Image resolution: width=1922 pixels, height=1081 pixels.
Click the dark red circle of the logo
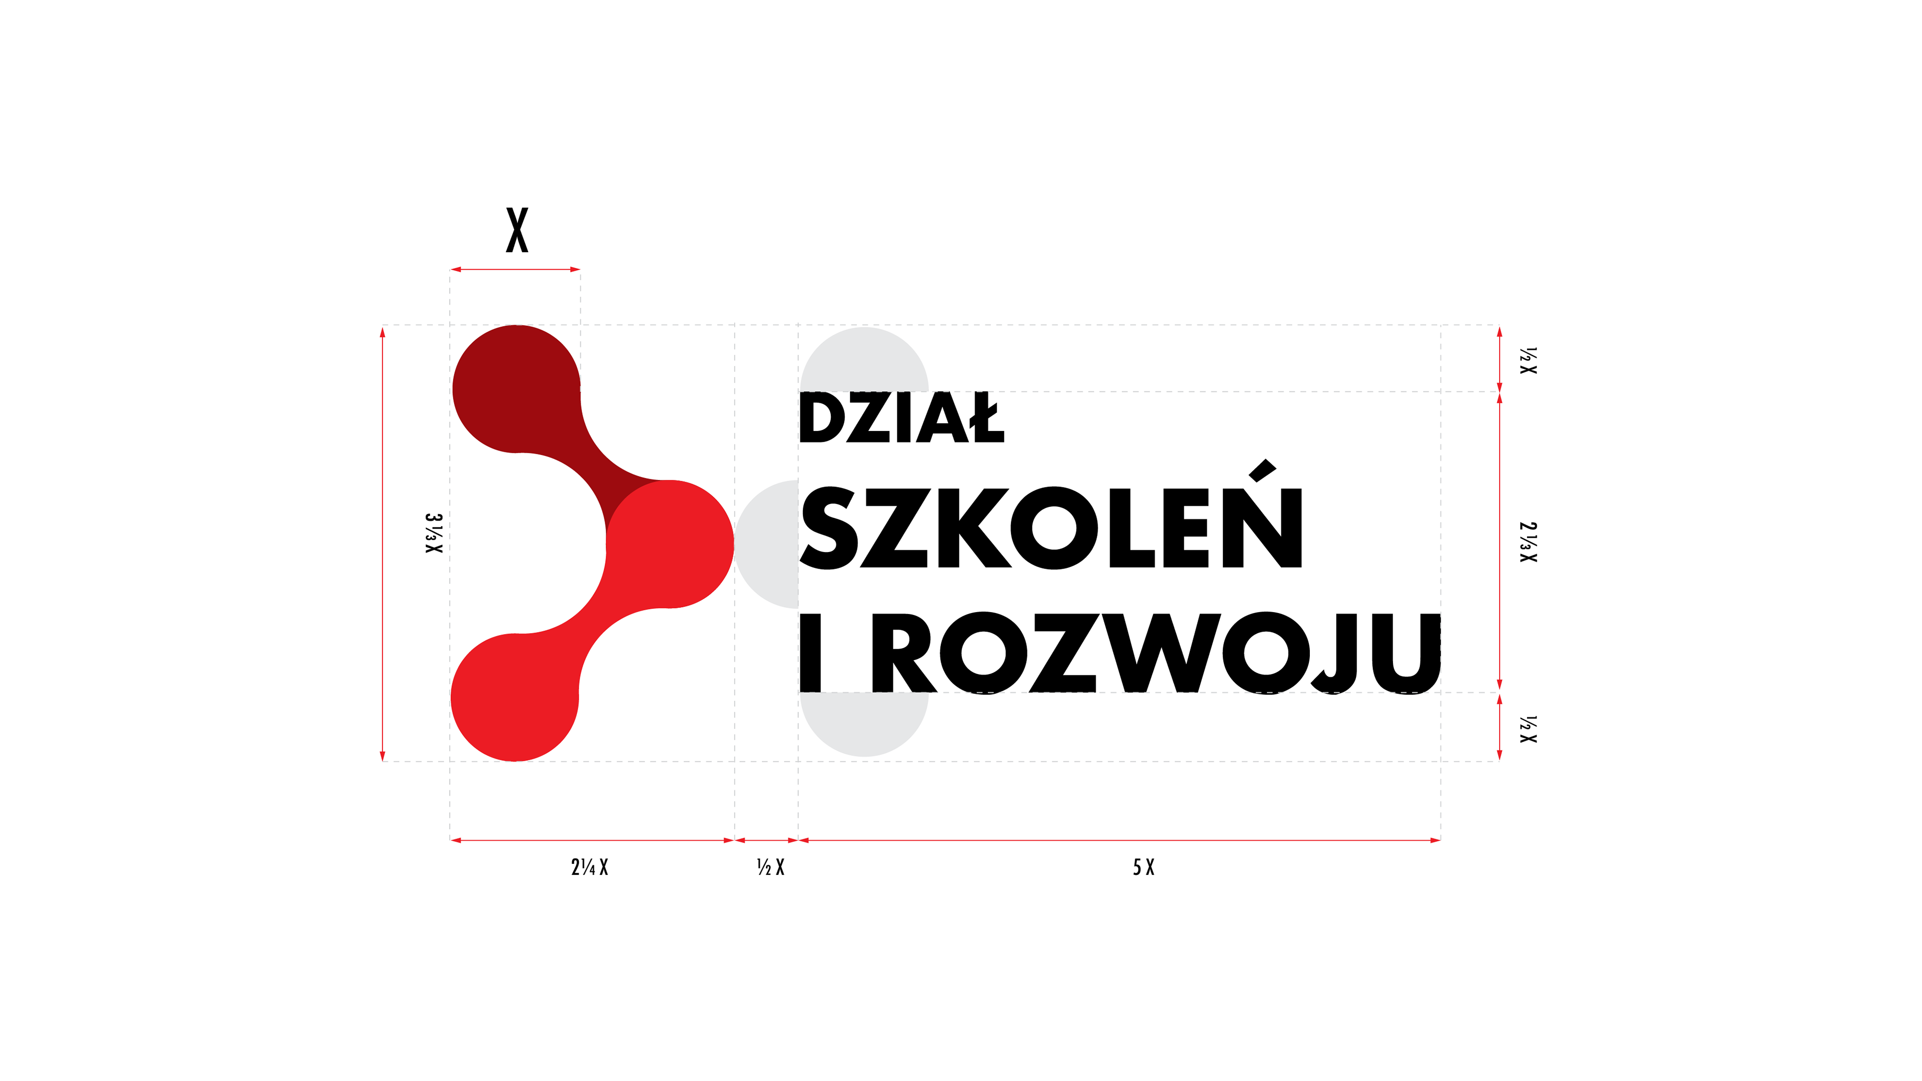tap(517, 389)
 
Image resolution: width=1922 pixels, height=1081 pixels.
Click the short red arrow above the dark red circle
tap(515, 269)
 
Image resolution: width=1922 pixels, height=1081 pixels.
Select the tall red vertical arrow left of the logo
tap(383, 543)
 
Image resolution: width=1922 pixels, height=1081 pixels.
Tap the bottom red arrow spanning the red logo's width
tap(592, 840)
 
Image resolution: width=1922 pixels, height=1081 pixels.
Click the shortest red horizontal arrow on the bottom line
tap(766, 840)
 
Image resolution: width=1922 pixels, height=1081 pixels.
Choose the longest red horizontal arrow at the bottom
tap(1119, 840)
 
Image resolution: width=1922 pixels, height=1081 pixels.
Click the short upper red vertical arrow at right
tap(1500, 358)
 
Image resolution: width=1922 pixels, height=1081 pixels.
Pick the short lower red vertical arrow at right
tap(1500, 727)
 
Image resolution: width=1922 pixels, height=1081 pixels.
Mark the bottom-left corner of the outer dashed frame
tap(383, 762)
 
